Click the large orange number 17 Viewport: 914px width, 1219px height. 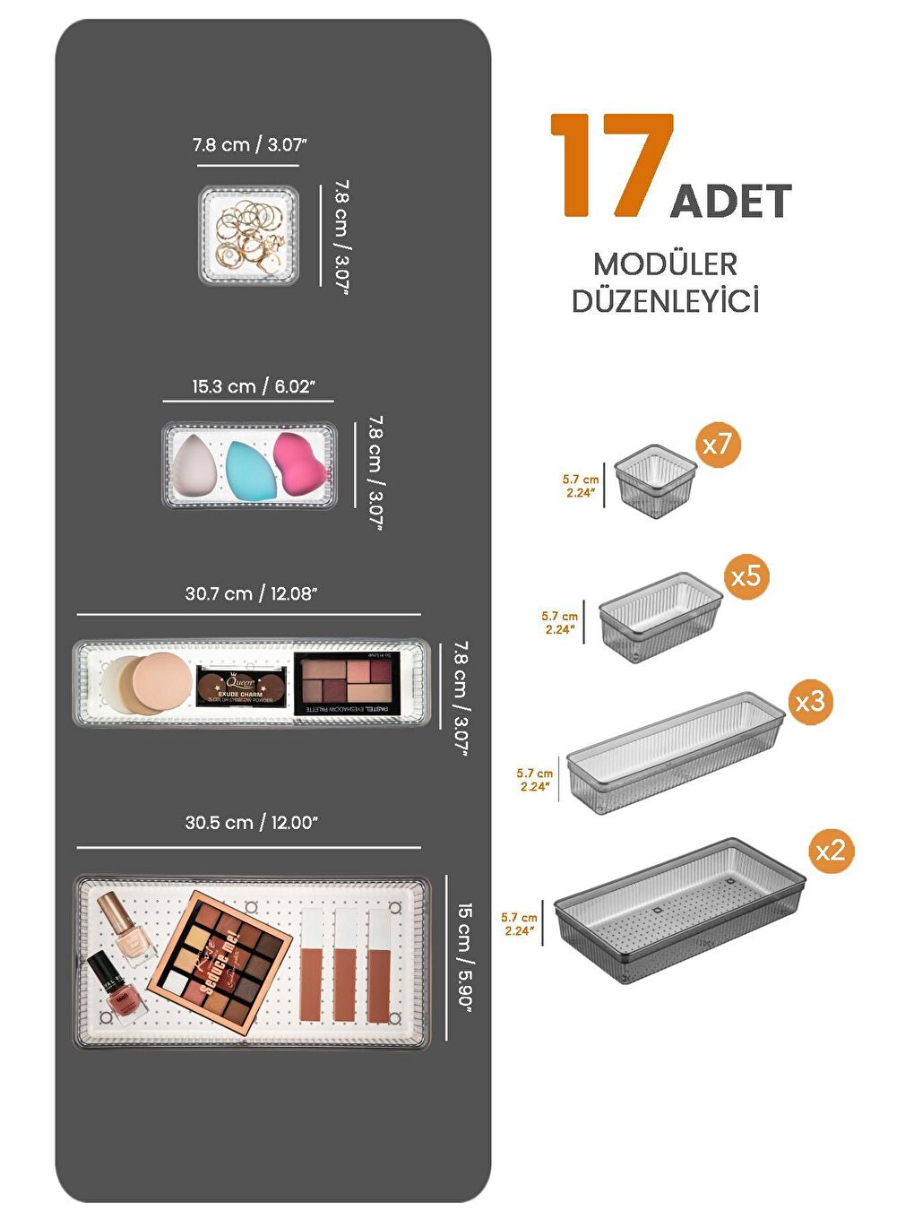tap(612, 166)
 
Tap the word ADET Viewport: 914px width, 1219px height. tap(730, 201)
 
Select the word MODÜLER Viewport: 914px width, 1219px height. tap(665, 264)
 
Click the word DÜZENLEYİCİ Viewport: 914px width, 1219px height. tap(665, 301)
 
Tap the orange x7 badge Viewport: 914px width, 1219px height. tap(717, 444)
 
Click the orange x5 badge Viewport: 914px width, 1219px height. tap(746, 575)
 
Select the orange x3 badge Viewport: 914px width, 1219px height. tap(809, 701)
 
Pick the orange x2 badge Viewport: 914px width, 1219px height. tap(830, 850)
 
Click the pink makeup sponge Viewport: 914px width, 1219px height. tap(298, 463)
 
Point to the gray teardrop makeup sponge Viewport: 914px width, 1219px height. tap(194, 465)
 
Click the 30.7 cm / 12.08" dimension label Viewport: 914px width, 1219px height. tap(251, 593)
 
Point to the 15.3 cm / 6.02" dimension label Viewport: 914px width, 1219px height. tap(253, 386)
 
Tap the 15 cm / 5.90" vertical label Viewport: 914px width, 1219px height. tap(464, 955)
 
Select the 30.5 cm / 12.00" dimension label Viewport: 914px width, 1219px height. tap(251, 823)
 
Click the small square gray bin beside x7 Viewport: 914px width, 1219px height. tap(656, 481)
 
